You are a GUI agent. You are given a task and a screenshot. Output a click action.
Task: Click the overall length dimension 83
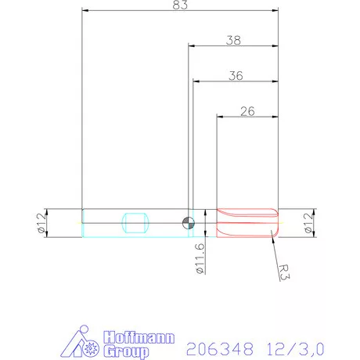pos(179,6)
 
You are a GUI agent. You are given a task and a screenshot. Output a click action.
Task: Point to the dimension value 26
pos(247,111)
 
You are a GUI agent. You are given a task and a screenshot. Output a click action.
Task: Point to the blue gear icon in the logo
pos(91,345)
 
